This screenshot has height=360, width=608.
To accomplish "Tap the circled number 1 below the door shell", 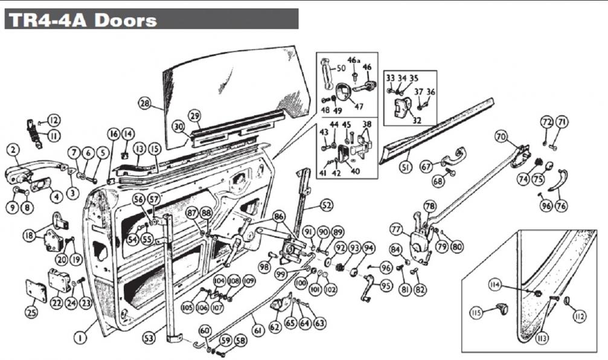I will (x=79, y=338).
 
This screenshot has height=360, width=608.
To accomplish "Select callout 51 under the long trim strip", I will (x=406, y=167).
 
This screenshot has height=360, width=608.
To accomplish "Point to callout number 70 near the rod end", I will (x=501, y=137).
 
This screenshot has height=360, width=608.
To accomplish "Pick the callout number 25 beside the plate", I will (x=31, y=312).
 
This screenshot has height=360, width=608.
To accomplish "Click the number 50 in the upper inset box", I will (x=341, y=69).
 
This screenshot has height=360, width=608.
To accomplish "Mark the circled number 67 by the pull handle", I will (x=426, y=166).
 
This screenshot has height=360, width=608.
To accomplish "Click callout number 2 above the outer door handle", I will (x=14, y=149).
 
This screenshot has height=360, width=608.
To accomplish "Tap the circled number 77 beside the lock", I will (x=396, y=230).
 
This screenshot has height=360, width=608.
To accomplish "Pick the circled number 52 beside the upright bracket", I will (x=327, y=206).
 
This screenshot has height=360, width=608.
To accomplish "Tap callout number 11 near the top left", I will (x=53, y=136).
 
